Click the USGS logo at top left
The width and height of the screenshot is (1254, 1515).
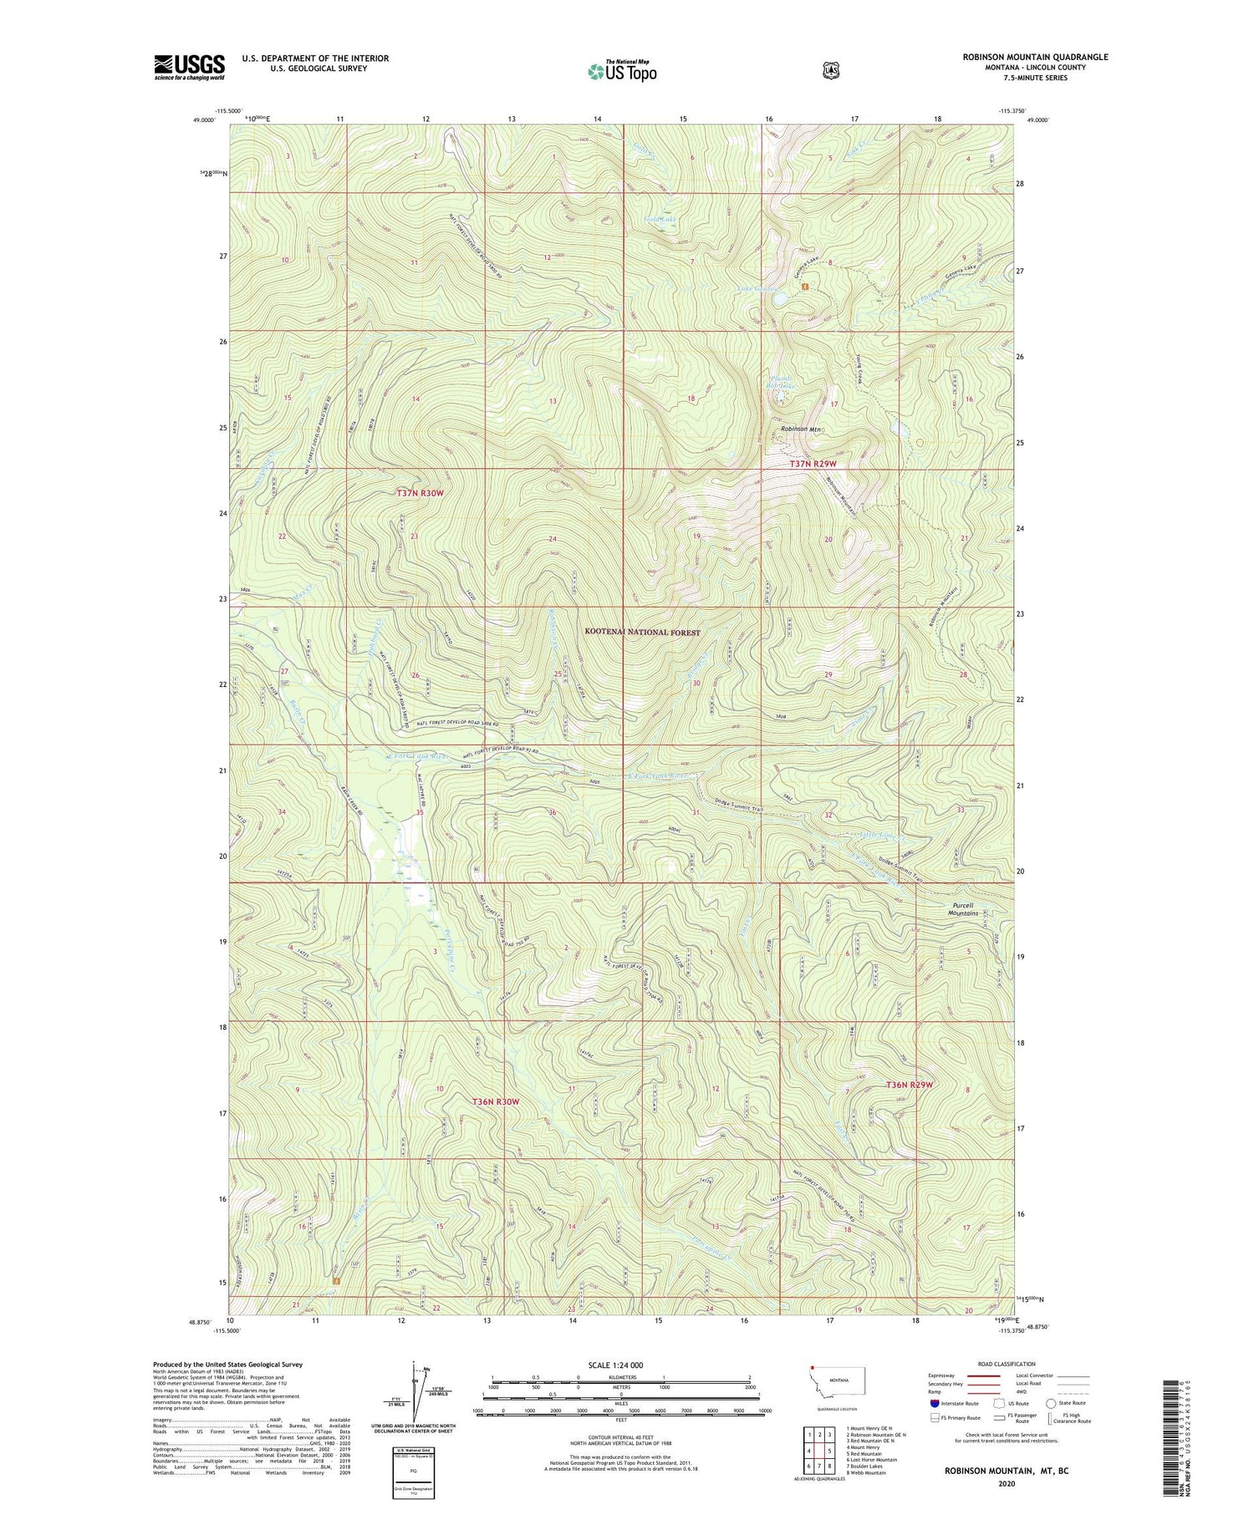tap(189, 67)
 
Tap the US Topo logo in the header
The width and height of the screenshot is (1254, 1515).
tap(622, 71)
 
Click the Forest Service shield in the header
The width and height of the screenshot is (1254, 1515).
tap(830, 71)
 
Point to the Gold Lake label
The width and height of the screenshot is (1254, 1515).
tap(660, 219)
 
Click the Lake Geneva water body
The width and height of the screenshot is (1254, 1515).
tap(778, 297)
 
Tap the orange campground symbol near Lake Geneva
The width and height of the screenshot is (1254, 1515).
tap(804, 287)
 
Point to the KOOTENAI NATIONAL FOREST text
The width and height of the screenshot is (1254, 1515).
tap(642, 633)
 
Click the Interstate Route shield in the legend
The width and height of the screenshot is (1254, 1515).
tap(933, 1403)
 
